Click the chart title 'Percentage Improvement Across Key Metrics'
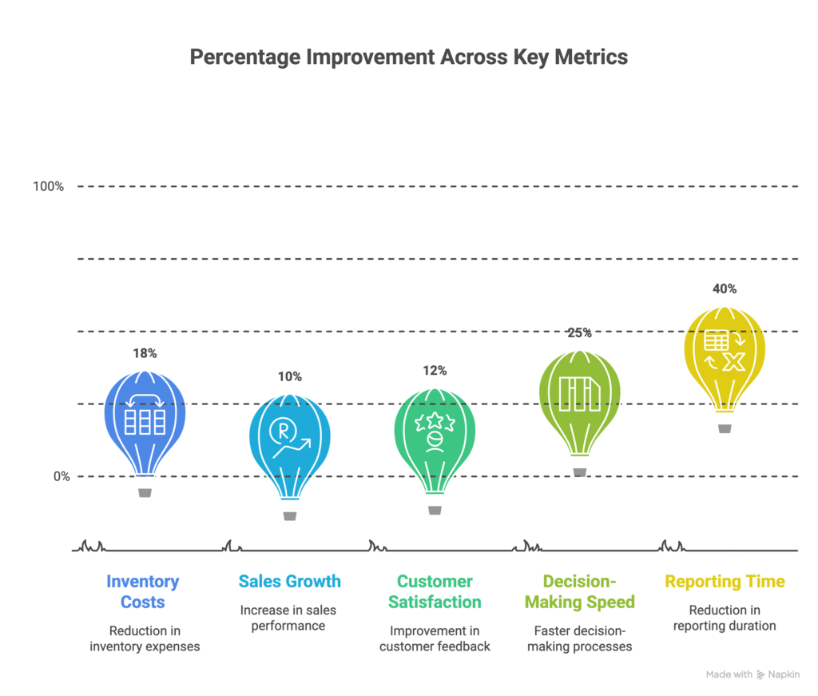click(408, 58)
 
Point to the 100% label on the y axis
click(48, 186)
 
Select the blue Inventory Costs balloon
click(145, 420)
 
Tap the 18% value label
click(145, 353)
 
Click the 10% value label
click(290, 376)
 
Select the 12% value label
click(435, 371)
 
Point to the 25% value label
click(580, 332)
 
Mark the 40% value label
click(725, 288)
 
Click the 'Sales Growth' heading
click(289, 582)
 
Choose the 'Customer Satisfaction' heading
click(435, 591)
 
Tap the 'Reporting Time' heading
click(725, 582)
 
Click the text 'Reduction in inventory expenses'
click(145, 638)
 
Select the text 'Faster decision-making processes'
click(580, 638)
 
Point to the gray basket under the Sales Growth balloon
click(290, 516)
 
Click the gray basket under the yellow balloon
click(725, 429)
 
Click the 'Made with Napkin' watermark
click(752, 674)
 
